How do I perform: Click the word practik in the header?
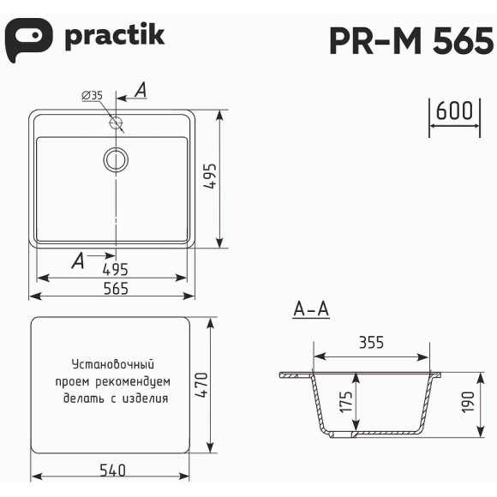114,37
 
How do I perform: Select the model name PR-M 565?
410,40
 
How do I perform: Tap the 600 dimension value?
454,111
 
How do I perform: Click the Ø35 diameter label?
93,96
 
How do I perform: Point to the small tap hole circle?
117,123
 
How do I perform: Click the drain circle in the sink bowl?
116,159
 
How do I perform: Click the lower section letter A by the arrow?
78,260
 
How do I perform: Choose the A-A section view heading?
311,310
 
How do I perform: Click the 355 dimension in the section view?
370,343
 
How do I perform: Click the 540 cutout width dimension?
111,470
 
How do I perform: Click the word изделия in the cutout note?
145,398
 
